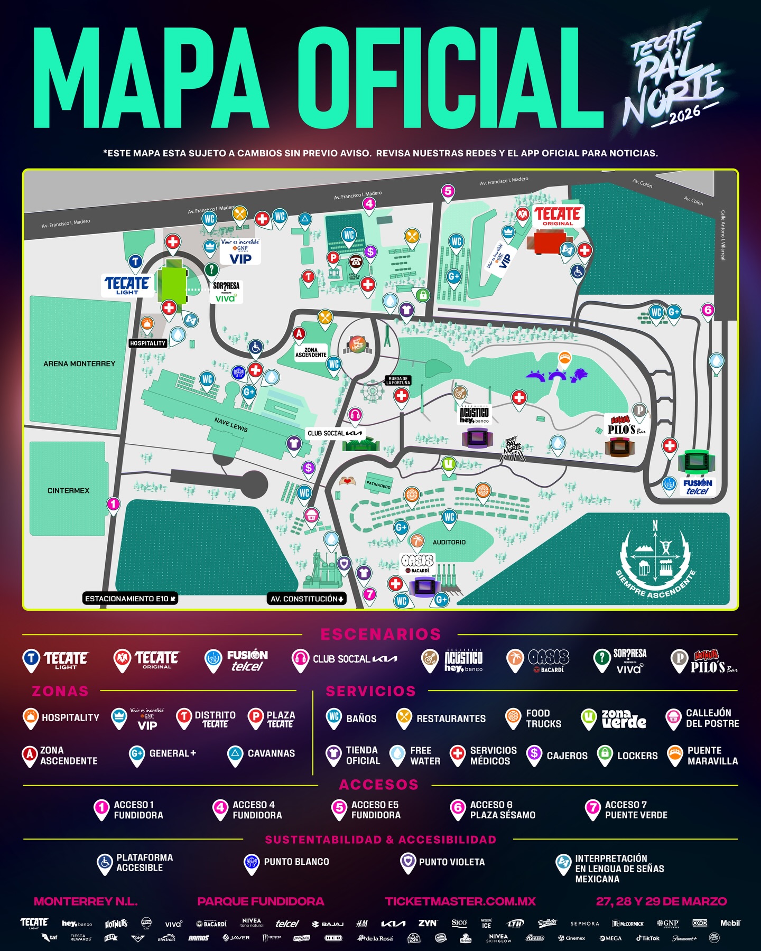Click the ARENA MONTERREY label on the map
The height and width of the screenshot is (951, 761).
(x=79, y=364)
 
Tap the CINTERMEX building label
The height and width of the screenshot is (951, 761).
(x=69, y=491)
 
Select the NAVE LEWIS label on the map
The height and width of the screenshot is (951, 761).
(x=231, y=425)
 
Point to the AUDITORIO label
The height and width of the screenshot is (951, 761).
(x=449, y=543)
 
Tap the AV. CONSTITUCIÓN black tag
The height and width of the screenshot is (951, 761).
(x=307, y=599)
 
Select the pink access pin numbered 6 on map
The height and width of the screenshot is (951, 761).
(x=708, y=311)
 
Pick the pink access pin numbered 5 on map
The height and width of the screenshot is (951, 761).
(x=448, y=192)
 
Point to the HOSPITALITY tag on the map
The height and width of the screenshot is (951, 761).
(x=148, y=343)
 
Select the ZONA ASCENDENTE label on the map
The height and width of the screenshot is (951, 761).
(x=311, y=352)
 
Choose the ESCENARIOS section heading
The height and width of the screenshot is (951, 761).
(x=380, y=635)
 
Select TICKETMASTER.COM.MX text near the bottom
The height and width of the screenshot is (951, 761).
(x=460, y=901)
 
